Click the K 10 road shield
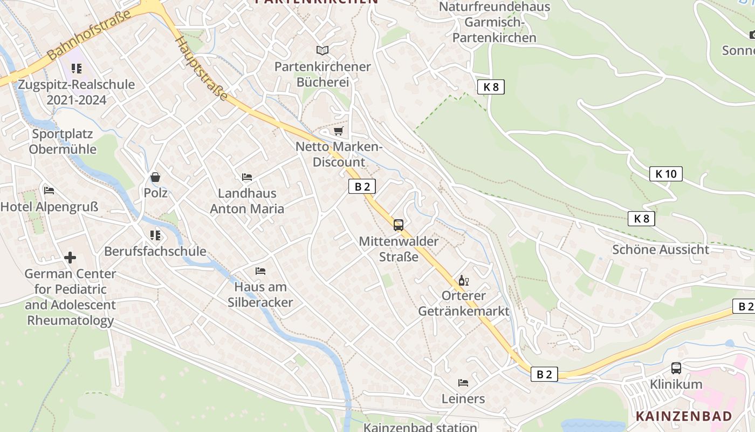665,174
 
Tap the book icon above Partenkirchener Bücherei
322,50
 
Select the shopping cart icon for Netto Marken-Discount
338,131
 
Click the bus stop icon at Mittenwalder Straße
399,225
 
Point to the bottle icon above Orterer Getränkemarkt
463,280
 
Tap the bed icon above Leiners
463,383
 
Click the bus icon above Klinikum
676,368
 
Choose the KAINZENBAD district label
684,416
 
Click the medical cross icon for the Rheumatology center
70,258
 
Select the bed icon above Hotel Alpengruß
49,191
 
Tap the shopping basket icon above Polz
155,177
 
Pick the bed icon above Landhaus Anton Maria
247,177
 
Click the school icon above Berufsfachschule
155,235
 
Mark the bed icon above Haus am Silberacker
260,271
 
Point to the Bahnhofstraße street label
90,35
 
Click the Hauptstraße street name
201,68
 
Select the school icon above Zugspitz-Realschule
77,69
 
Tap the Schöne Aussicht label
661,249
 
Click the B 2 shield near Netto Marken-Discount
362,187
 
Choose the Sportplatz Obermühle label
63,141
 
